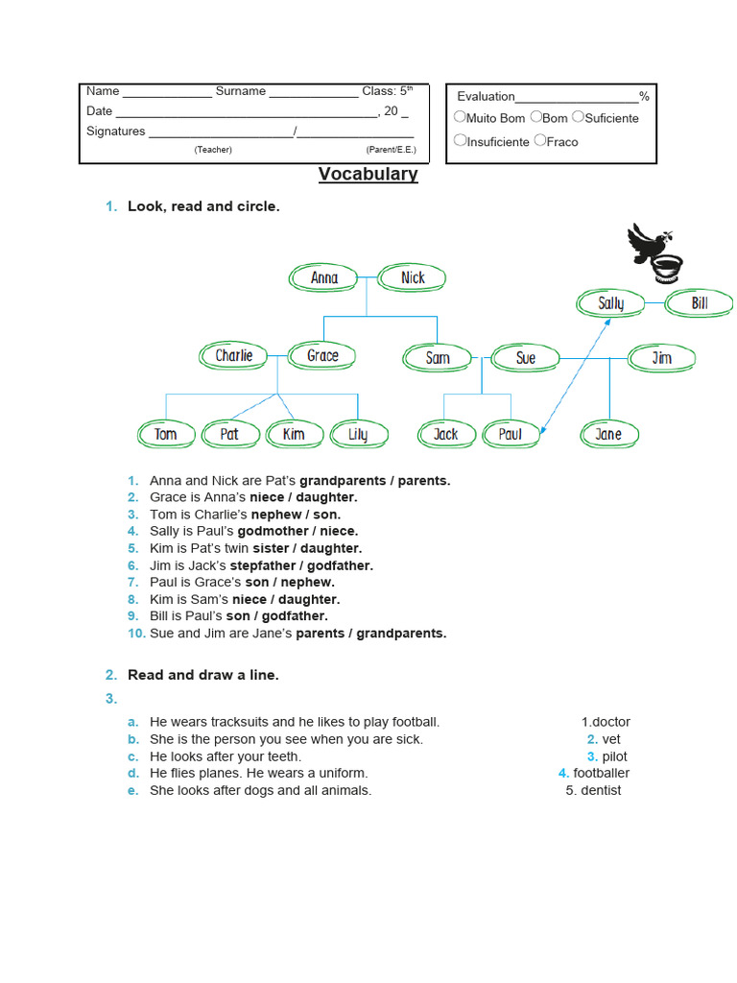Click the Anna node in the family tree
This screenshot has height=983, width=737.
pyautogui.click(x=324, y=278)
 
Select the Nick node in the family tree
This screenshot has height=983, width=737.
pyautogui.click(x=413, y=278)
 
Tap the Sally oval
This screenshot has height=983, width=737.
pyautogui.click(x=610, y=304)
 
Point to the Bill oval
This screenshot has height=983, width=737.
pyautogui.click(x=700, y=304)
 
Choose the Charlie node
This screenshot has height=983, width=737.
pyautogui.click(x=234, y=356)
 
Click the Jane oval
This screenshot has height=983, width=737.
pyautogui.click(x=608, y=434)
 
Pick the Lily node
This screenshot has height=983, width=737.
pyautogui.click(x=358, y=434)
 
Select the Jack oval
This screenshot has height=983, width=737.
pyautogui.click(x=446, y=434)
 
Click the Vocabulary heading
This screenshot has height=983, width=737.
pyautogui.click(x=368, y=174)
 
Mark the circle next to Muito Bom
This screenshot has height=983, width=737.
pyautogui.click(x=460, y=117)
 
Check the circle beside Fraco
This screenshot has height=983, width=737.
pyautogui.click(x=540, y=140)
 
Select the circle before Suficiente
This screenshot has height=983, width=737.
pyautogui.click(x=578, y=117)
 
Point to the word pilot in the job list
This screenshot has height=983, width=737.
pyautogui.click(x=615, y=756)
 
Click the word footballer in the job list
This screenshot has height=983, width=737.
pyautogui.click(x=602, y=773)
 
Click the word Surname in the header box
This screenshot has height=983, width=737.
pyautogui.click(x=241, y=91)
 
